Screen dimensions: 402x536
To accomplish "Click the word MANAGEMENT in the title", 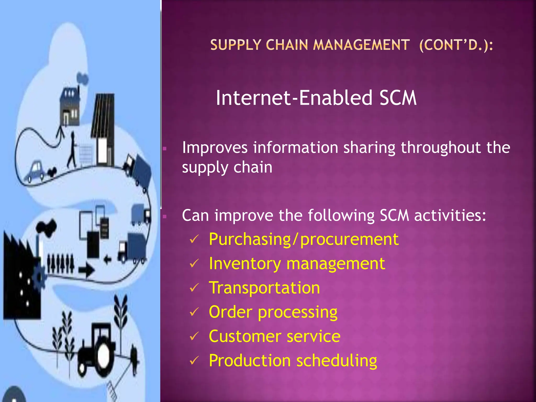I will (361, 45).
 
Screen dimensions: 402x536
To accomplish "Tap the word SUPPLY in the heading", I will (236, 45).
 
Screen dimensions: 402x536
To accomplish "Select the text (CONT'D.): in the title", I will (456, 45).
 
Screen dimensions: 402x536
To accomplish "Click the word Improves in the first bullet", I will (215, 148).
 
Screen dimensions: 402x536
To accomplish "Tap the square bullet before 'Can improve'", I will (165, 216).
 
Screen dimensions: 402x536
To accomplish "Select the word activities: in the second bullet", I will (450, 215).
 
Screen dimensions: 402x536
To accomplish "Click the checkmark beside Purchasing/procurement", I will (194, 239).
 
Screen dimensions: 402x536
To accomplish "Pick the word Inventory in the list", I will (245, 264).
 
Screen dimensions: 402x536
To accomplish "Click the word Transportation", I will (264, 288).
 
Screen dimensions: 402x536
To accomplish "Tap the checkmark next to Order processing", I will (194, 312).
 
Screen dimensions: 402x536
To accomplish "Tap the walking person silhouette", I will (72, 150).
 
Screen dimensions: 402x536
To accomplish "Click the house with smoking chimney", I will (70, 107).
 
